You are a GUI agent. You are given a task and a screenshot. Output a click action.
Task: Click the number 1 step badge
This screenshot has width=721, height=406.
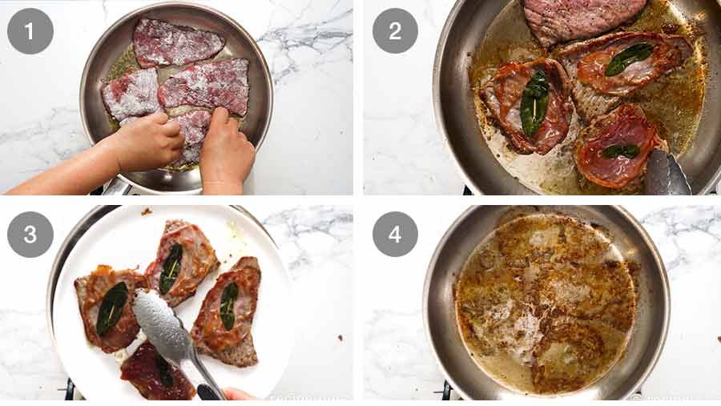point(30,30)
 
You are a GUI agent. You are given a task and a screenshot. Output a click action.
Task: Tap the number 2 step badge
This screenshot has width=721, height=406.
point(395,30)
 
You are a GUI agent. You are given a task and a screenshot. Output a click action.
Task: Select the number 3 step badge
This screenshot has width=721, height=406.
point(30,235)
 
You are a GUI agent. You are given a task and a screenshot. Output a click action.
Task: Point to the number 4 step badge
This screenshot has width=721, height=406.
point(395,235)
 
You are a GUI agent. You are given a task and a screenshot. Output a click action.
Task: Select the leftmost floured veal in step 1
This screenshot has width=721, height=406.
point(131,94)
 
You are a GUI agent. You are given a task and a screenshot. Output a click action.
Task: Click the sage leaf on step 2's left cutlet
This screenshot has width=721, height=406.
point(534,102)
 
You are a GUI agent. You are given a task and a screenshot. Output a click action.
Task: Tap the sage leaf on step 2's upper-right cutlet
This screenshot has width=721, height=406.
point(629,58)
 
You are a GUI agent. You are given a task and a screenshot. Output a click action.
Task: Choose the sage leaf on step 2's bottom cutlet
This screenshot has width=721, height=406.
point(620,151)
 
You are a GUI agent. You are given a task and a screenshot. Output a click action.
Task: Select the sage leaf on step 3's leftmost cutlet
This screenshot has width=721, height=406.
point(111,308)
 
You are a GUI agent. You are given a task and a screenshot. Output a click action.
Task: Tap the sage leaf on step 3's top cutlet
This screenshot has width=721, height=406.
point(171,268)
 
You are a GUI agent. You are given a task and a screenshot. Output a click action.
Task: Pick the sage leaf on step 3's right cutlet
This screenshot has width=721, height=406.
point(229,304)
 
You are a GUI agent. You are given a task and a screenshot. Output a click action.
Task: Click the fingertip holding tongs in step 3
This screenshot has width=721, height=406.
point(234,394)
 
